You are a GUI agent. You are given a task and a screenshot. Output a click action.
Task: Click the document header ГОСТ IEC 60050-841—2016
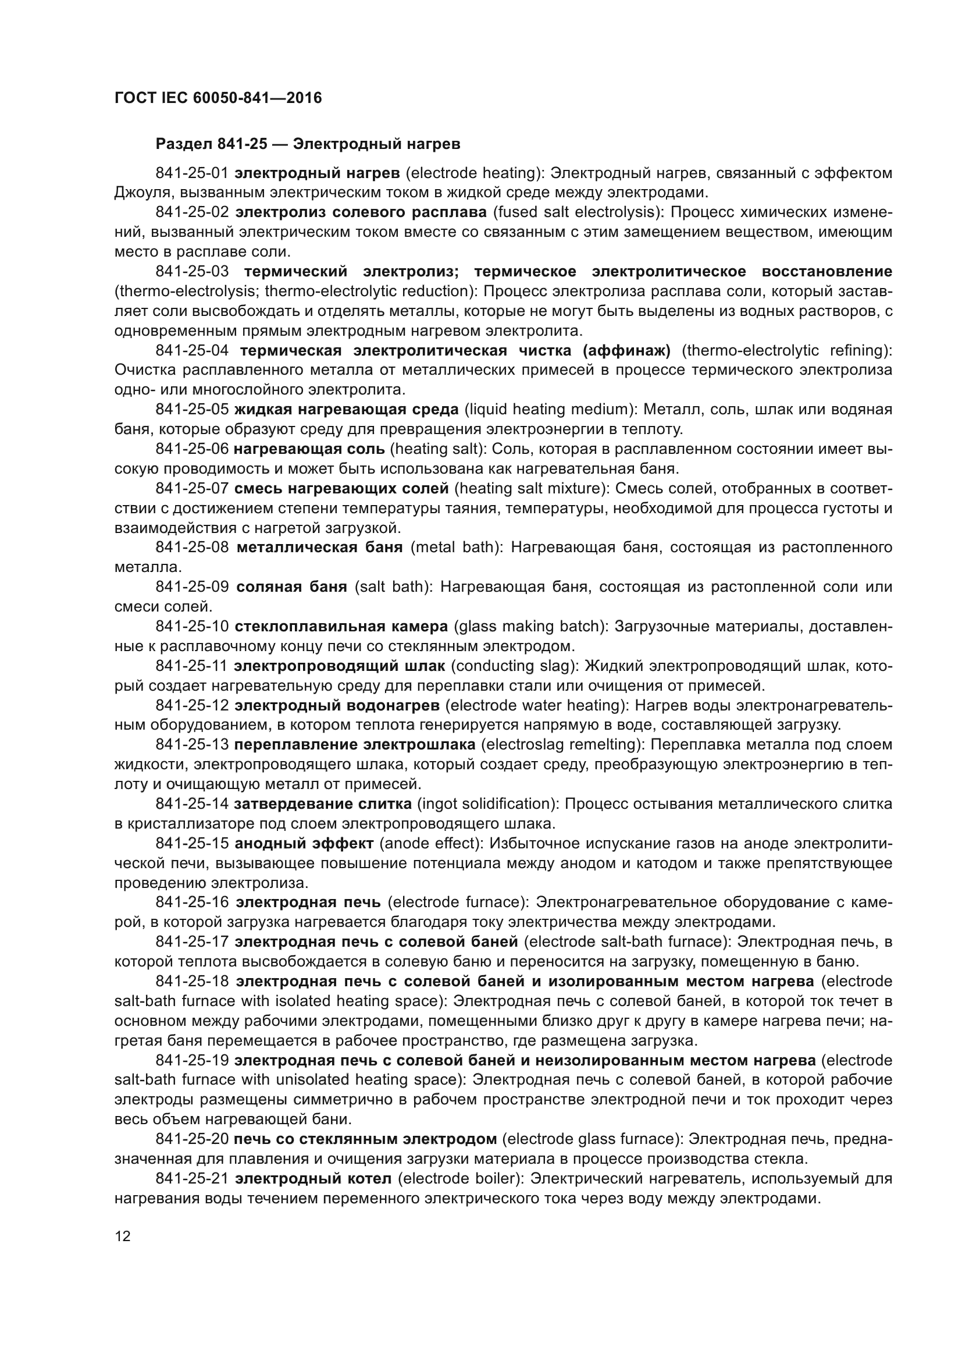coord(218,98)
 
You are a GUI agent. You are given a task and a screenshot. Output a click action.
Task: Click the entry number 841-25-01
coord(191,173)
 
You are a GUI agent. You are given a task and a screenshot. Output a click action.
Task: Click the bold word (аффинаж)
coord(627,350)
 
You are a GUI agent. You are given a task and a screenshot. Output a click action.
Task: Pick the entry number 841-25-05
coord(191,410)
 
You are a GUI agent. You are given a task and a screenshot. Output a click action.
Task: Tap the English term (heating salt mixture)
coord(531,488)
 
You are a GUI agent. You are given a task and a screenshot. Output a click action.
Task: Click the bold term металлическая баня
coord(319,547)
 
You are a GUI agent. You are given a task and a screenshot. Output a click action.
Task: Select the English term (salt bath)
coord(391,587)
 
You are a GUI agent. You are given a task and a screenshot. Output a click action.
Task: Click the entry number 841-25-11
coord(191,666)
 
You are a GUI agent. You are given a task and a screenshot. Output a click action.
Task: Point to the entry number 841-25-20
coord(191,1139)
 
